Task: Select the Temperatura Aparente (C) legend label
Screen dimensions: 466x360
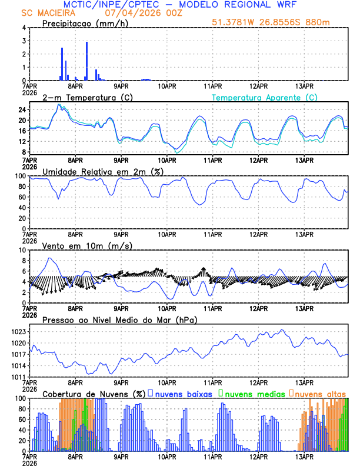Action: pos(265,97)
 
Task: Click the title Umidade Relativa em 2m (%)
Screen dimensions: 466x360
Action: pos(99,171)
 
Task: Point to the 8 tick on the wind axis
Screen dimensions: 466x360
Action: pos(24,261)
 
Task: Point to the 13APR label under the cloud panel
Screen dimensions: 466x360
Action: pos(304,457)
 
